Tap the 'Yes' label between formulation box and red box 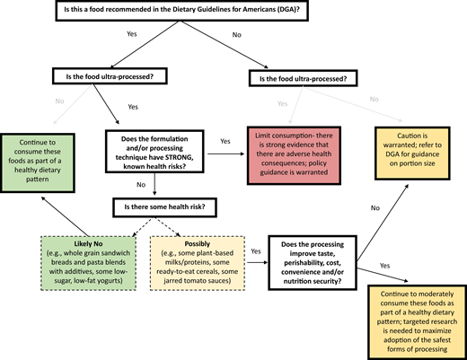coord(225,142)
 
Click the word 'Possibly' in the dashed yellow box coord(198,243)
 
